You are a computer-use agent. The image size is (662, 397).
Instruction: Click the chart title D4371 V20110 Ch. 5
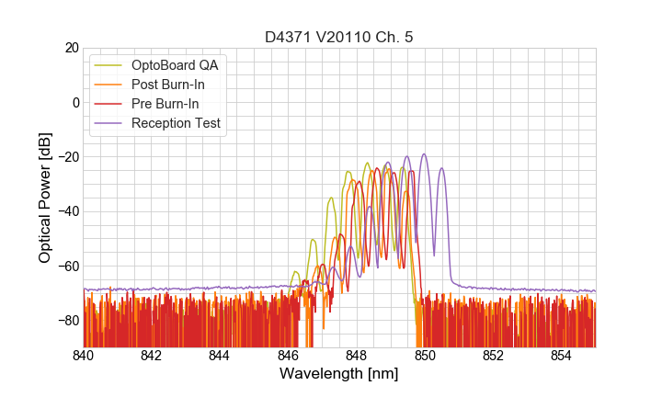pos(338,37)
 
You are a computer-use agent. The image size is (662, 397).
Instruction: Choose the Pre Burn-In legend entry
pos(172,104)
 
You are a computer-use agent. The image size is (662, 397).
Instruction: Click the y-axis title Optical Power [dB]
pos(44,197)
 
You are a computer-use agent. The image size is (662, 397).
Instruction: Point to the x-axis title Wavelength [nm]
pos(338,375)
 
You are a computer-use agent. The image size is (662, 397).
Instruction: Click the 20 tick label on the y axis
pos(71,48)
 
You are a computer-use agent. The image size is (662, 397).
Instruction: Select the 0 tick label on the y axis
pos(74,102)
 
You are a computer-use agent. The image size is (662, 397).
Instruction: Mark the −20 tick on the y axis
pos(67,157)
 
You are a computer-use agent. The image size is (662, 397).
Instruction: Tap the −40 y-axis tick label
pos(67,211)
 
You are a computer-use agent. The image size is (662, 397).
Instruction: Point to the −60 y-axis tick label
pos(67,267)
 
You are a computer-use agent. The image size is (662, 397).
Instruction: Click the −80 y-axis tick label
pos(67,321)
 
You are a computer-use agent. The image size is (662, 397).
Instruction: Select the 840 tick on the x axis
pos(84,355)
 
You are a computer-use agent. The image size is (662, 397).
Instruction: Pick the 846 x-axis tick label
pos(288,355)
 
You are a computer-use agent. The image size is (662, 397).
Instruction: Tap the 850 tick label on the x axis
pos(425,355)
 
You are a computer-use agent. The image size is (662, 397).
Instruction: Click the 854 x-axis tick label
pos(561,355)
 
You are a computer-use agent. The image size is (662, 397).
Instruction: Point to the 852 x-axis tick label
pos(493,355)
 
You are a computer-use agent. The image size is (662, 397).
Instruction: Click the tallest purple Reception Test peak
pos(424,154)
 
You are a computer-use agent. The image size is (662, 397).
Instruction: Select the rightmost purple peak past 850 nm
pos(441,168)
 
